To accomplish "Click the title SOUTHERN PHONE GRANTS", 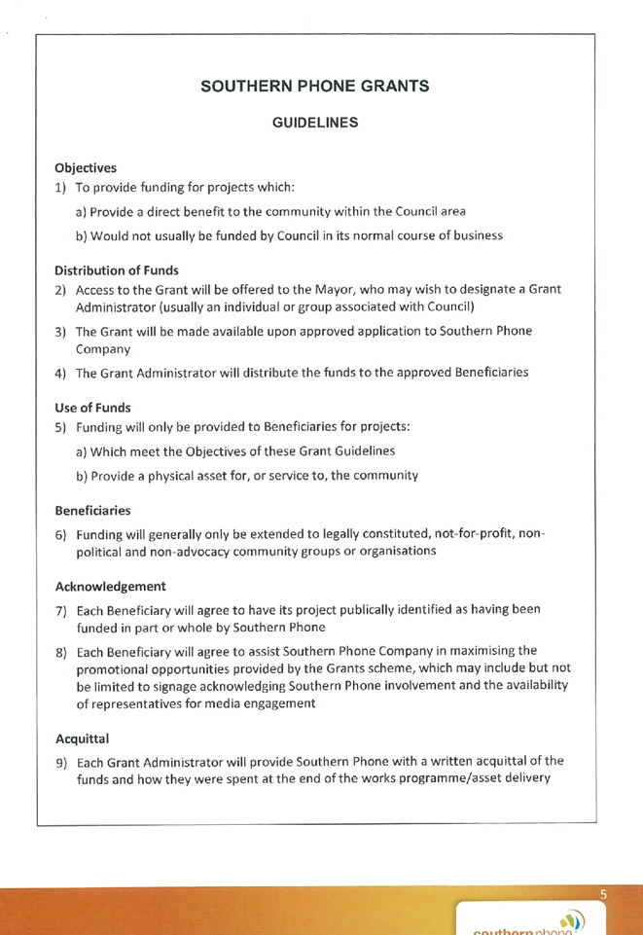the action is click(314, 87).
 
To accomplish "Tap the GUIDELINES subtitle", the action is click(315, 123).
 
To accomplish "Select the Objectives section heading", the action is click(86, 168).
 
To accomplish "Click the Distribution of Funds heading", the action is click(117, 270).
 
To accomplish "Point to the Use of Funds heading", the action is click(93, 408).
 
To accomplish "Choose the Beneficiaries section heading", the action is click(93, 511).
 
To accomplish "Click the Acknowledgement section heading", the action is click(111, 587).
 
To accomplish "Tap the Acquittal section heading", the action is click(83, 738).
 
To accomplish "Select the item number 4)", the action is click(60, 374).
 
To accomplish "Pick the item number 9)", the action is click(61, 763).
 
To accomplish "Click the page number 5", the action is click(603, 894).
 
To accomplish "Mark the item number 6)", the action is click(60, 535).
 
